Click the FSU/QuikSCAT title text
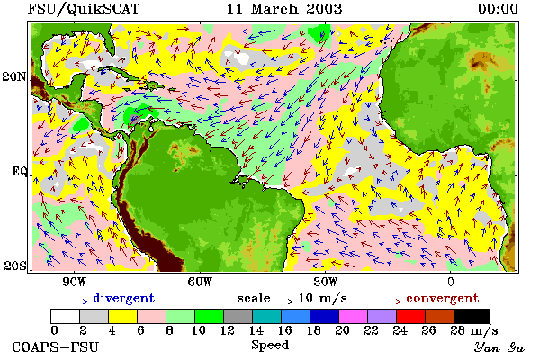(x=84, y=9)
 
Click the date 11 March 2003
(x=284, y=9)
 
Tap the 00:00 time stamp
(x=498, y=9)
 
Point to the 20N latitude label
(x=13, y=76)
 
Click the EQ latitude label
(x=19, y=172)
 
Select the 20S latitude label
(x=14, y=265)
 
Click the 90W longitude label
(x=74, y=282)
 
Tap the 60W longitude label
(x=200, y=282)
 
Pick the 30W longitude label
(x=326, y=282)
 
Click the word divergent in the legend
(x=124, y=298)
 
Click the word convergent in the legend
(x=443, y=298)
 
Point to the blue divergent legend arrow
(x=79, y=301)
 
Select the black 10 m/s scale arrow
(x=284, y=301)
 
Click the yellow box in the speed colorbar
(x=122, y=316)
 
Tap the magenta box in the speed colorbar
(x=353, y=316)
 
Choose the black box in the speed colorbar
(x=472, y=316)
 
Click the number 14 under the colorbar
(x=256, y=330)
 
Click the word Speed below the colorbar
(x=270, y=346)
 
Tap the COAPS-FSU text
(x=55, y=346)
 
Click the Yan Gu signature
(x=499, y=347)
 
